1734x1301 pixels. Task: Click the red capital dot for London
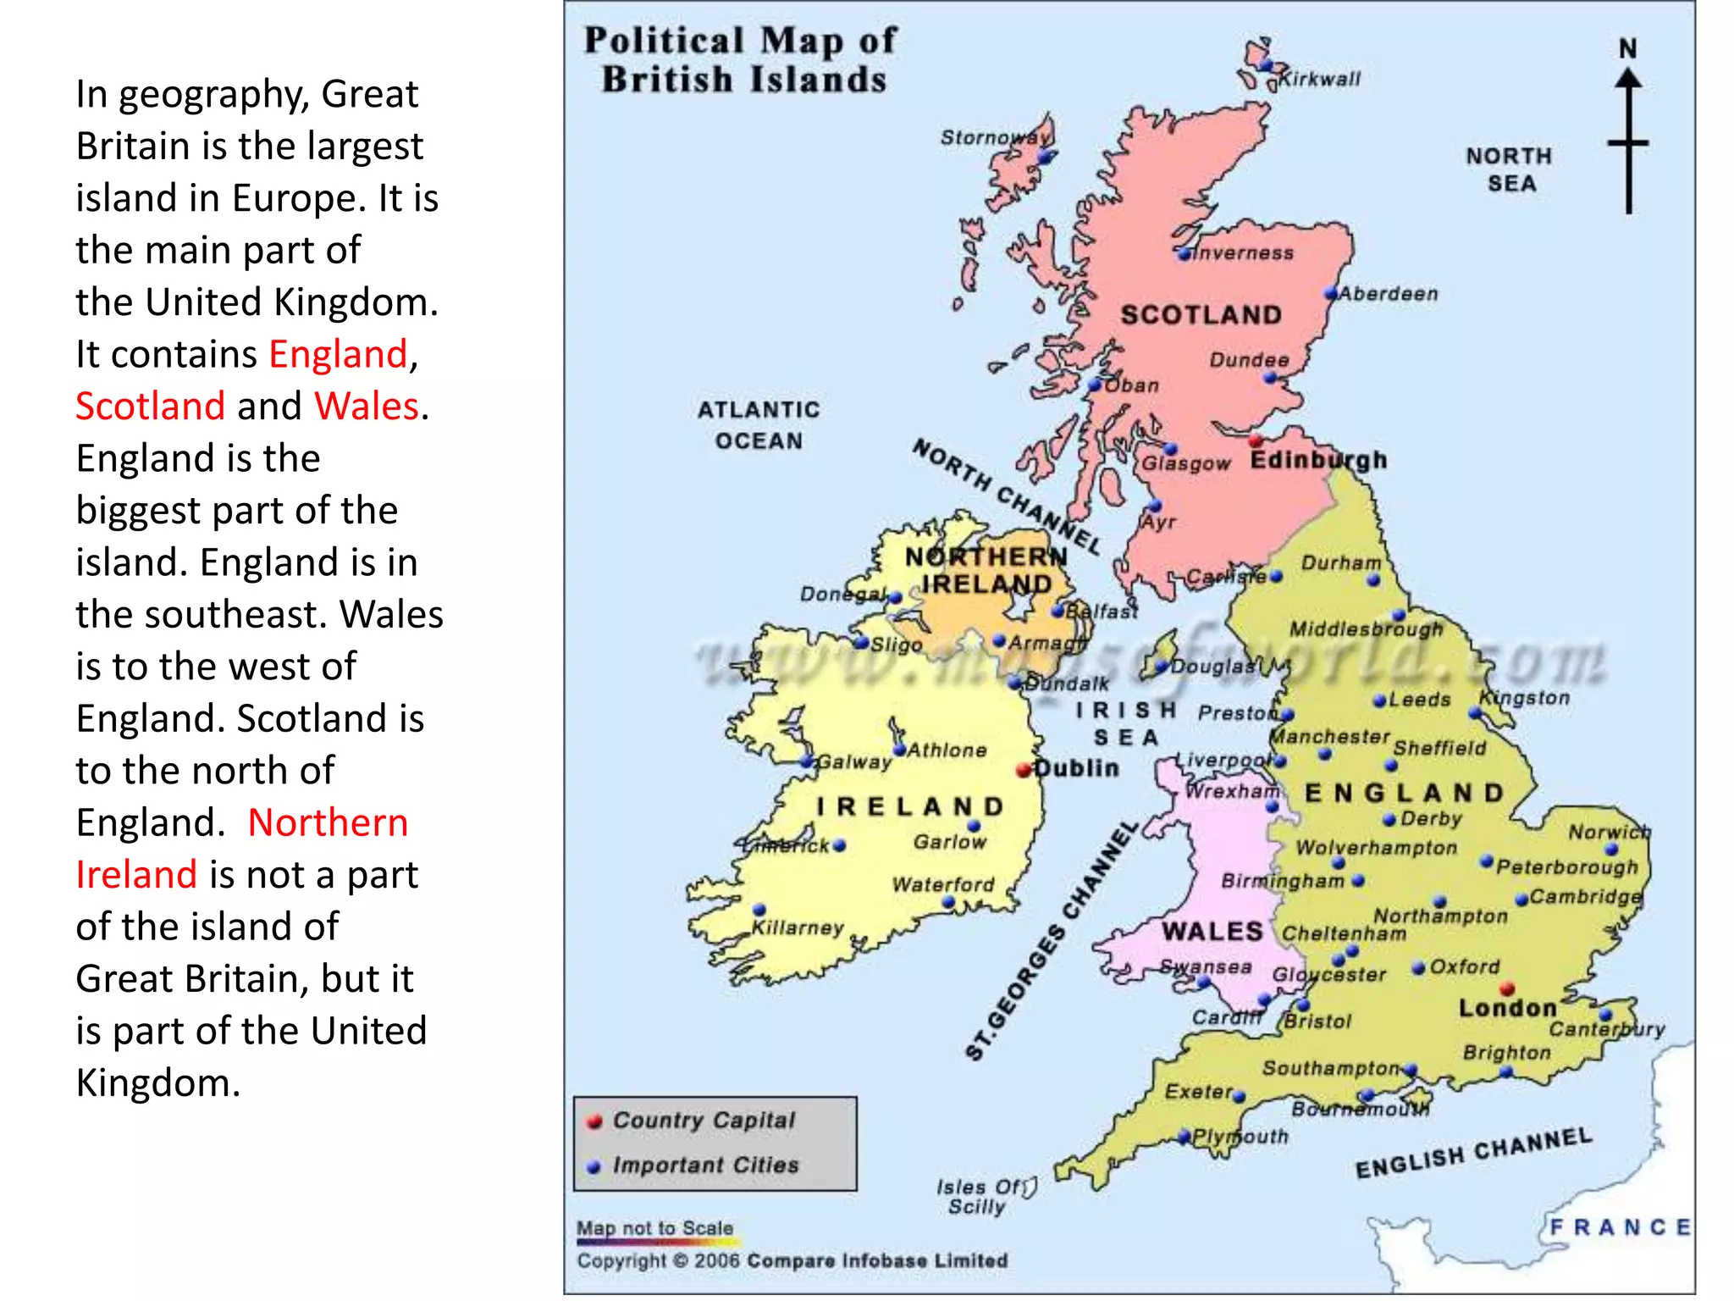1507,988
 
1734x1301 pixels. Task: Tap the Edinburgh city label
1318,460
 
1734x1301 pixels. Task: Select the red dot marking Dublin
1024,770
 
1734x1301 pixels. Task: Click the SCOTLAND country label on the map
1201,315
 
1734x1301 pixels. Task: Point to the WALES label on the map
1212,932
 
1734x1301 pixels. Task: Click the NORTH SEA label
1510,169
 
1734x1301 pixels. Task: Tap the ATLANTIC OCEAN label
759,425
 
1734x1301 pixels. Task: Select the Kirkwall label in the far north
1319,80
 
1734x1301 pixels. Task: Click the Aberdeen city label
1389,294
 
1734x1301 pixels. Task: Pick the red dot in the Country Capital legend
594,1121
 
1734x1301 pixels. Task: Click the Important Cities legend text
705,1165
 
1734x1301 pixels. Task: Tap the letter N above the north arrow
1627,49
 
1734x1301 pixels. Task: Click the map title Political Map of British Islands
741,60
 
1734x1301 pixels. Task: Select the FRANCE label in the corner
1620,1227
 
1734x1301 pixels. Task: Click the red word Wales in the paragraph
367,407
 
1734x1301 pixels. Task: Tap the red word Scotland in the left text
150,407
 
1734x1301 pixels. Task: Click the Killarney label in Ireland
798,927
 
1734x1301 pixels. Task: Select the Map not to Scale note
654,1228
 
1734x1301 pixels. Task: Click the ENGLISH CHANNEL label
1473,1153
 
